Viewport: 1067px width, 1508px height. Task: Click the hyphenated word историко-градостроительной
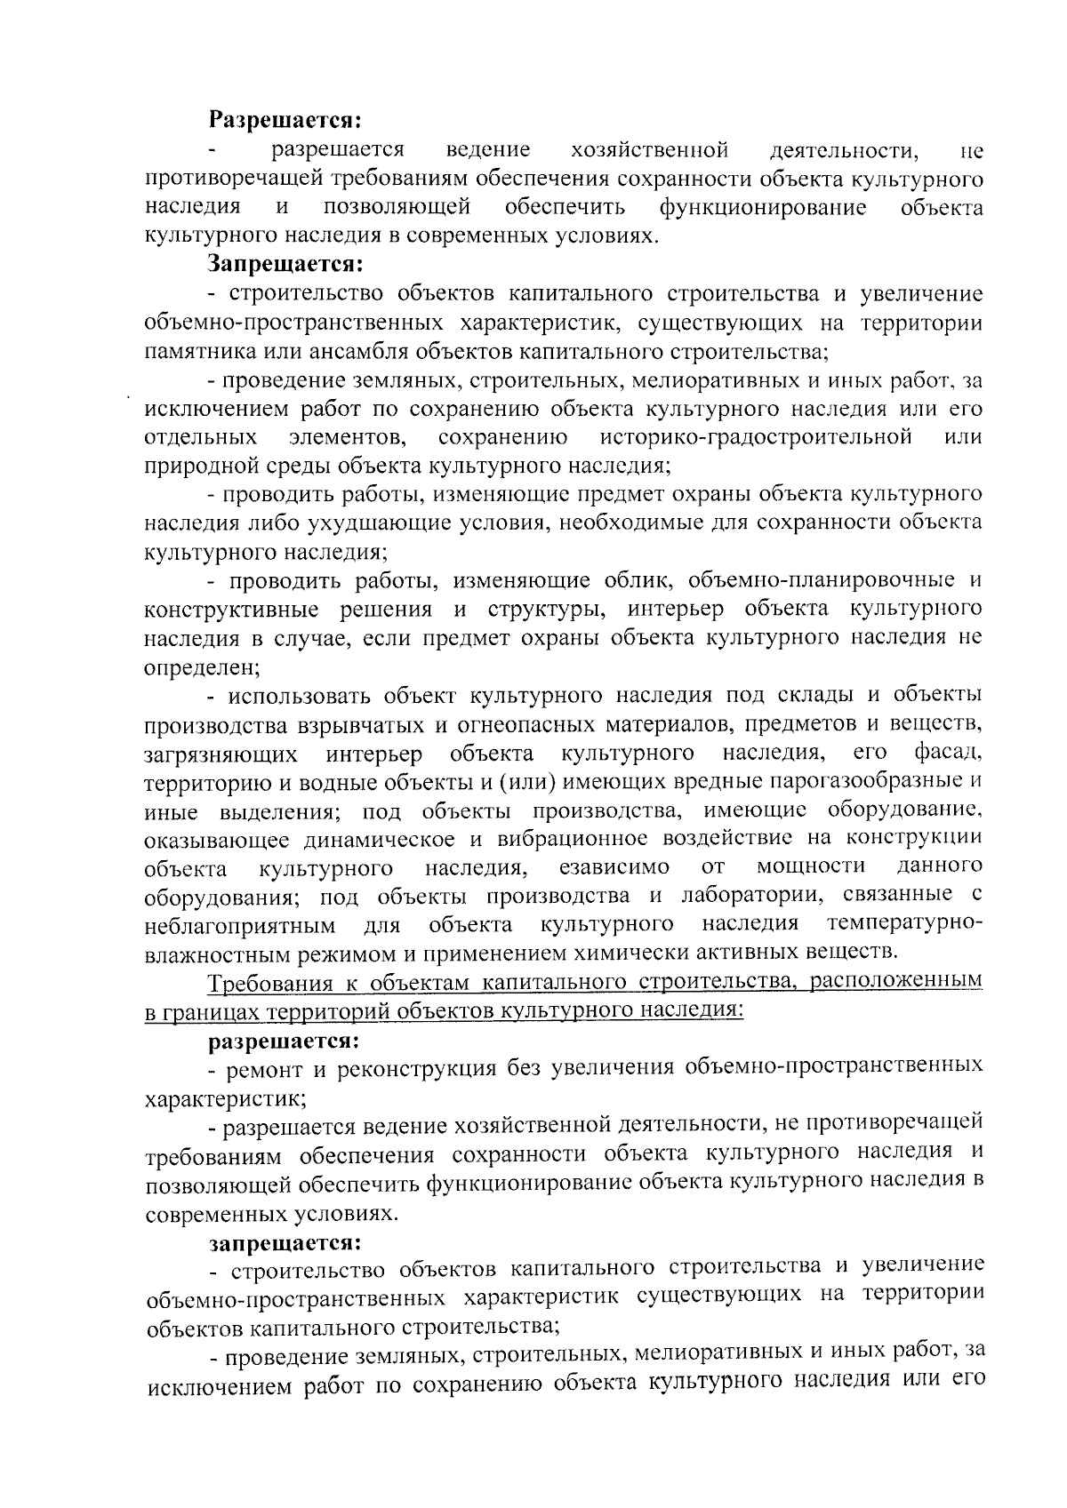pyautogui.click(x=756, y=436)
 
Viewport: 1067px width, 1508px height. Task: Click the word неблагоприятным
pyautogui.click(x=240, y=925)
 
